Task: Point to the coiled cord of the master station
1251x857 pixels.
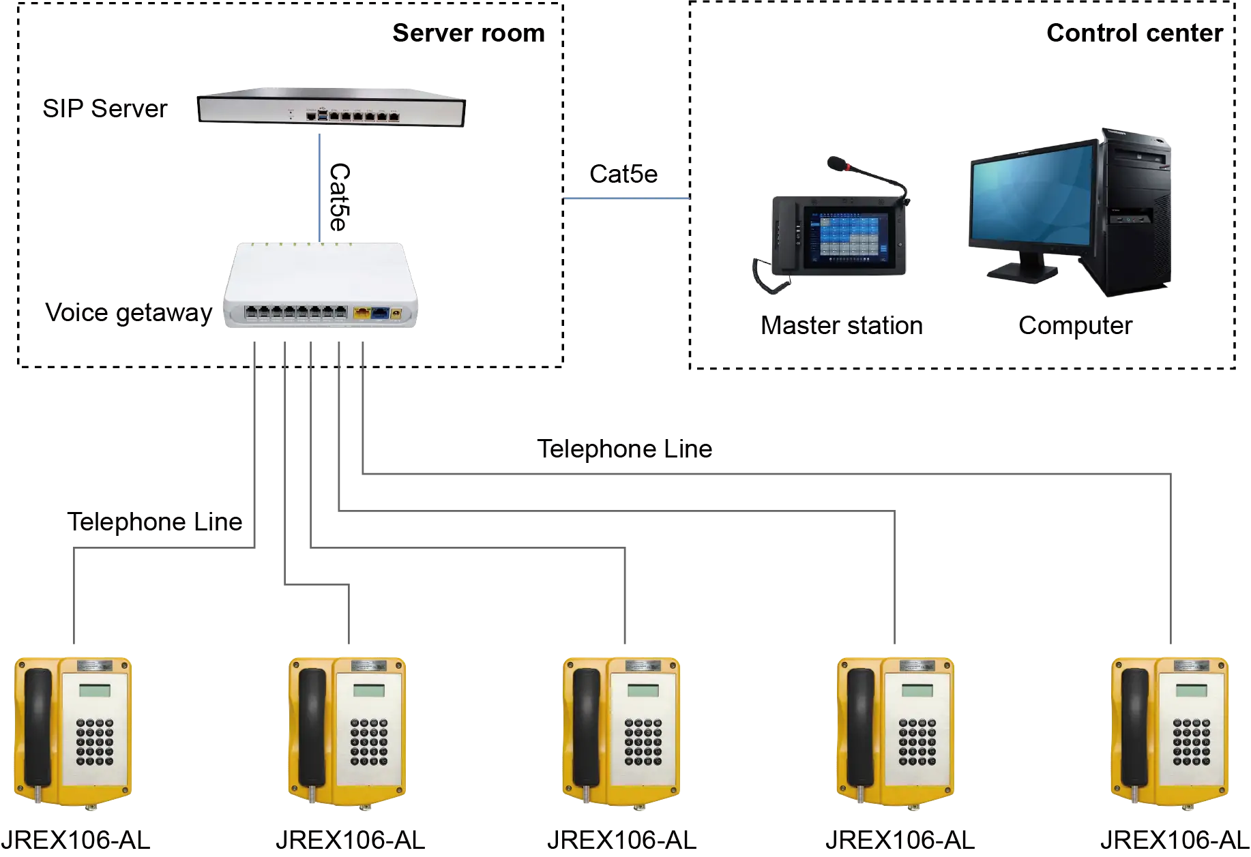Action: pyautogui.click(x=766, y=277)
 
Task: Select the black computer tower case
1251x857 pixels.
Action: pyautogui.click(x=1136, y=211)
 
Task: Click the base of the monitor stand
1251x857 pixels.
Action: pyautogui.click(x=1021, y=272)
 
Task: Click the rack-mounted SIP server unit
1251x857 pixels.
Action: pyautogui.click(x=332, y=109)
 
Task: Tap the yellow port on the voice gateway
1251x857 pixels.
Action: pyautogui.click(x=362, y=314)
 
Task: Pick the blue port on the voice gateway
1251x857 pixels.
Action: pyautogui.click(x=379, y=314)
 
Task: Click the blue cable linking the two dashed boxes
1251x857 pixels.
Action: pyautogui.click(x=626, y=199)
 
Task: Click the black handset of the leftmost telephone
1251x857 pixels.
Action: pyautogui.click(x=38, y=727)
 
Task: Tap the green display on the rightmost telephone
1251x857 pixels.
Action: pyautogui.click(x=1191, y=690)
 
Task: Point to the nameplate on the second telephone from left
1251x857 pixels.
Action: pyautogui.click(x=368, y=665)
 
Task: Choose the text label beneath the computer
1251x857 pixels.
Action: pyautogui.click(x=1074, y=325)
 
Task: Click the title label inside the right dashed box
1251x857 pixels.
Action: pyautogui.click(x=1135, y=33)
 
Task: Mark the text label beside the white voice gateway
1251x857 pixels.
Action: pyautogui.click(x=128, y=312)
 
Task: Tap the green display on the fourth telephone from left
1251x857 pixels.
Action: pyautogui.click(x=917, y=690)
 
